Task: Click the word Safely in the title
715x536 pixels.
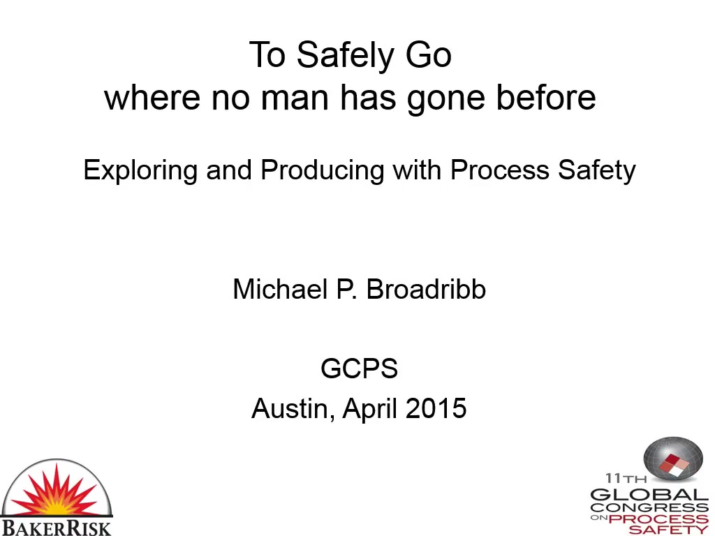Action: pos(346,57)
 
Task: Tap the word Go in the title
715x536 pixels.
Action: pos(429,55)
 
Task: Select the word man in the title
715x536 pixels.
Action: pos(295,98)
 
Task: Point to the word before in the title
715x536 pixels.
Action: pos(546,96)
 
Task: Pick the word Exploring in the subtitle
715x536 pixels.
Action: pos(140,171)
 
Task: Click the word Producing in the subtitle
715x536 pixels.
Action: pos(323,171)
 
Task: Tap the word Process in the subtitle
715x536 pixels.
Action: pos(499,170)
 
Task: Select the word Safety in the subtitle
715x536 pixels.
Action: pos(597,171)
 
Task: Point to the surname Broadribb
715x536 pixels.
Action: pos(426,289)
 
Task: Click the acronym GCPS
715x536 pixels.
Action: pos(360,368)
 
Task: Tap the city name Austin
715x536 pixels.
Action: pos(290,409)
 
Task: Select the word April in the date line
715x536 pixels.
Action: pos(369,409)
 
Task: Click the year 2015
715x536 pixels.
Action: pos(436,408)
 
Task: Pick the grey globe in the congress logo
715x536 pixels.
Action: pos(673,459)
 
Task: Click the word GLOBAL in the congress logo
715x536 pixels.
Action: pos(649,495)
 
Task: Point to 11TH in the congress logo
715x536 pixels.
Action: pos(626,478)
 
